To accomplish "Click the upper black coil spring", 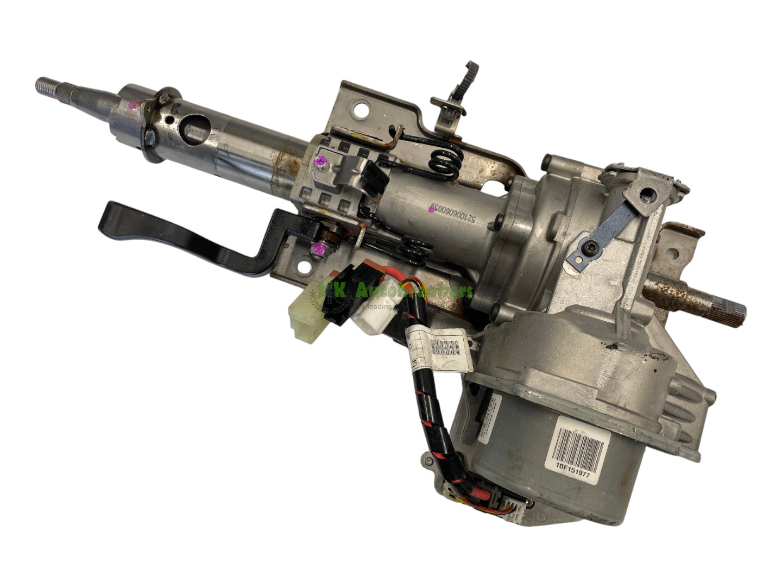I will click(x=443, y=161).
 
